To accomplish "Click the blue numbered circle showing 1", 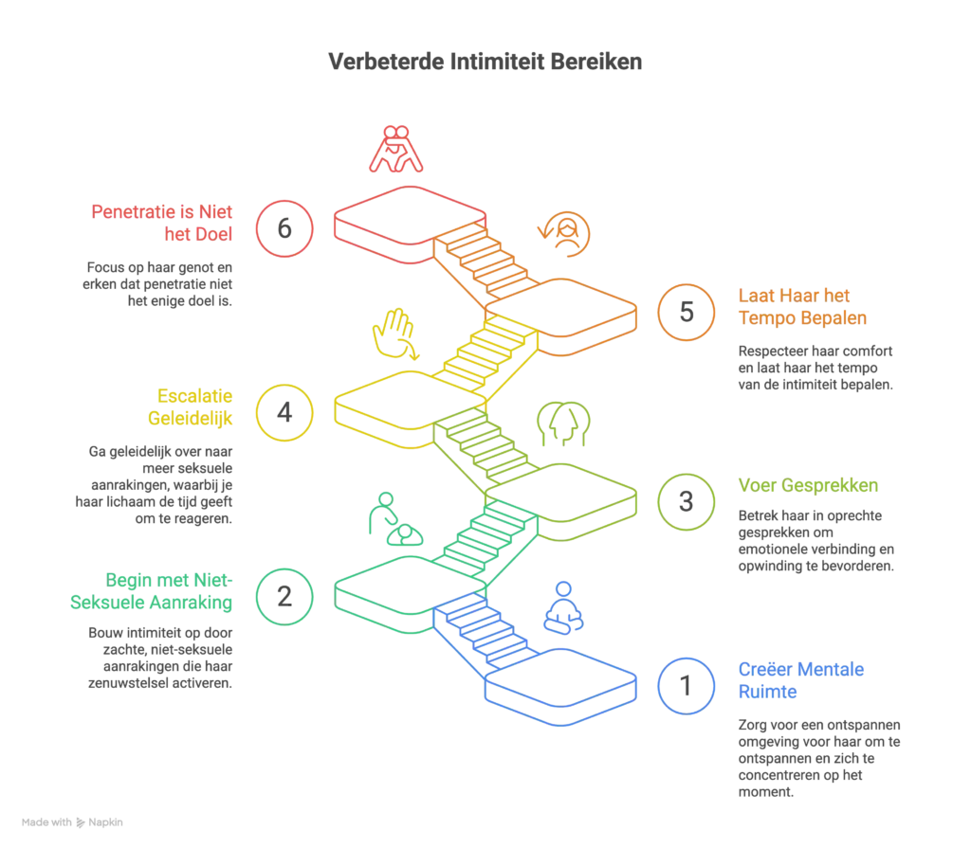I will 685,685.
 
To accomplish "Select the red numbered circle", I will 284,228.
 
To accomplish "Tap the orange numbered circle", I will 685,312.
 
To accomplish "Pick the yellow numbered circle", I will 284,412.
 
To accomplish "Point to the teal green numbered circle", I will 284,596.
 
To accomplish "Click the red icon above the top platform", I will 394,148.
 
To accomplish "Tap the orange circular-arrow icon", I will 565,233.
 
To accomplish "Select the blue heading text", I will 800,681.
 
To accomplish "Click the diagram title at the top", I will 485,63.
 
